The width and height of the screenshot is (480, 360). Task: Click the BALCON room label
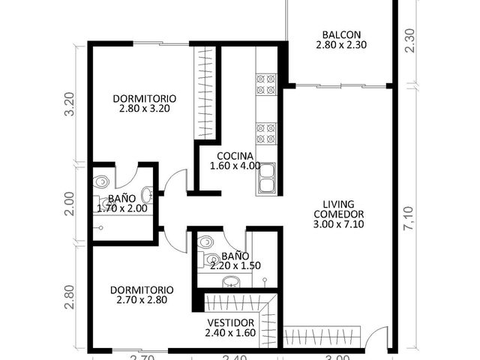[x=341, y=34]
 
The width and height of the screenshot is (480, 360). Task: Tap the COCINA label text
[x=235, y=156]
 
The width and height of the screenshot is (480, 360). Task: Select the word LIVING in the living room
[x=338, y=204]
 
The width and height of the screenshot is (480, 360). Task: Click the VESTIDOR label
[x=230, y=322]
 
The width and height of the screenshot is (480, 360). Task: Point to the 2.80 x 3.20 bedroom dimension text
[x=145, y=109]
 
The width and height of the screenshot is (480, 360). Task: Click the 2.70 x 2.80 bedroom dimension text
[x=142, y=300]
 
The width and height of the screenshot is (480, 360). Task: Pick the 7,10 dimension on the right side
[x=408, y=218]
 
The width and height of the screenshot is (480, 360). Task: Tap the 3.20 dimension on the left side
[x=70, y=104]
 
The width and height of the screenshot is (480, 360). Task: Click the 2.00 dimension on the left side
[x=70, y=204]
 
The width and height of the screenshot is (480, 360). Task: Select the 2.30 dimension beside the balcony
[x=409, y=40]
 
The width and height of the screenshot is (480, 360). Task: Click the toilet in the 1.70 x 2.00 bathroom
[x=100, y=181]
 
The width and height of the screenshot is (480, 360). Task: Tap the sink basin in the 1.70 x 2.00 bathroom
[x=147, y=195]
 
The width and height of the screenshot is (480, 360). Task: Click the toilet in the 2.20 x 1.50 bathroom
[x=205, y=241]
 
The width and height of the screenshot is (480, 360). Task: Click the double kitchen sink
[x=267, y=178]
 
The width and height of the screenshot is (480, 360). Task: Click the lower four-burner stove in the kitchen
[x=265, y=133]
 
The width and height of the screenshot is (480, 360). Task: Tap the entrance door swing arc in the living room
[x=373, y=331]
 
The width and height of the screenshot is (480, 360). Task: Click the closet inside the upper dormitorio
[x=205, y=93]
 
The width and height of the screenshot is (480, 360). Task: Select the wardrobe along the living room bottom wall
[x=322, y=337]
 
